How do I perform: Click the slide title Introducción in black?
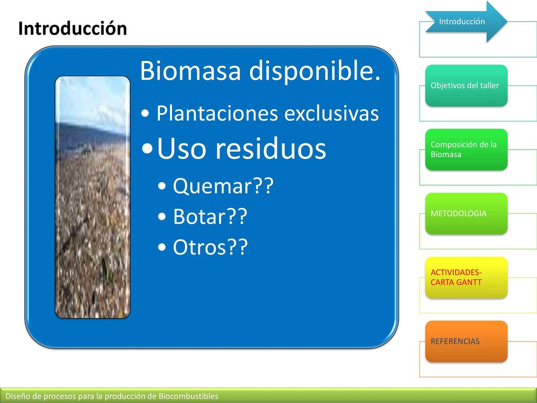[x=72, y=28]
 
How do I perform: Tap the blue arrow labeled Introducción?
[x=466, y=22]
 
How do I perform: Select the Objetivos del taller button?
[x=466, y=86]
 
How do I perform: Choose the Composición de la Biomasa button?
[x=466, y=150]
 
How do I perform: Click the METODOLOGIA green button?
[x=466, y=214]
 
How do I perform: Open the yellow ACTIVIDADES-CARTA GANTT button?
[x=466, y=277]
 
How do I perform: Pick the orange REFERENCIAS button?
[x=466, y=341]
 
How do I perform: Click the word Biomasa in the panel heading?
[x=190, y=70]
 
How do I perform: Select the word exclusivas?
[x=331, y=113]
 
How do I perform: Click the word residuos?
[x=271, y=149]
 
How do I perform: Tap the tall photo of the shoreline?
[x=92, y=197]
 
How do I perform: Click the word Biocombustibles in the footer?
[x=188, y=396]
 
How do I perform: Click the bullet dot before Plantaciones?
[x=145, y=114]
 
